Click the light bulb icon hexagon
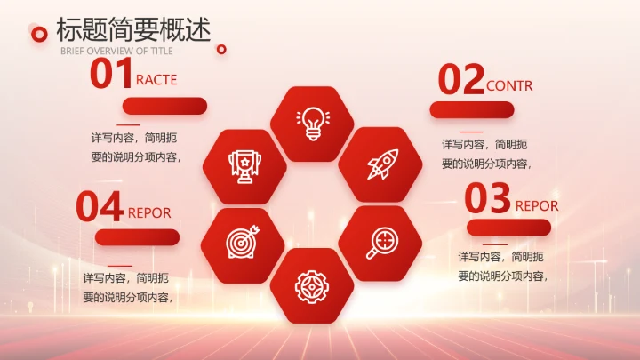[x=312, y=123]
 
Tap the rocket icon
[x=381, y=164]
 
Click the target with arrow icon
[x=243, y=241]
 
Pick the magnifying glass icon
[x=381, y=241]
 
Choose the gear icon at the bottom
[x=312, y=284]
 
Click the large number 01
[x=111, y=75]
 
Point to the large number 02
[x=460, y=80]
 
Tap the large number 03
[x=488, y=199]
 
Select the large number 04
[x=99, y=207]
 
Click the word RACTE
[x=156, y=80]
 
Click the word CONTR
[x=509, y=86]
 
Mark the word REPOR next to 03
[x=537, y=206]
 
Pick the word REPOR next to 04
[x=149, y=213]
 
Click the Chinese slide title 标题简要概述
[x=133, y=29]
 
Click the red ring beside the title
[x=38, y=34]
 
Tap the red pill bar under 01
[x=164, y=106]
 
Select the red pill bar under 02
[x=471, y=109]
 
